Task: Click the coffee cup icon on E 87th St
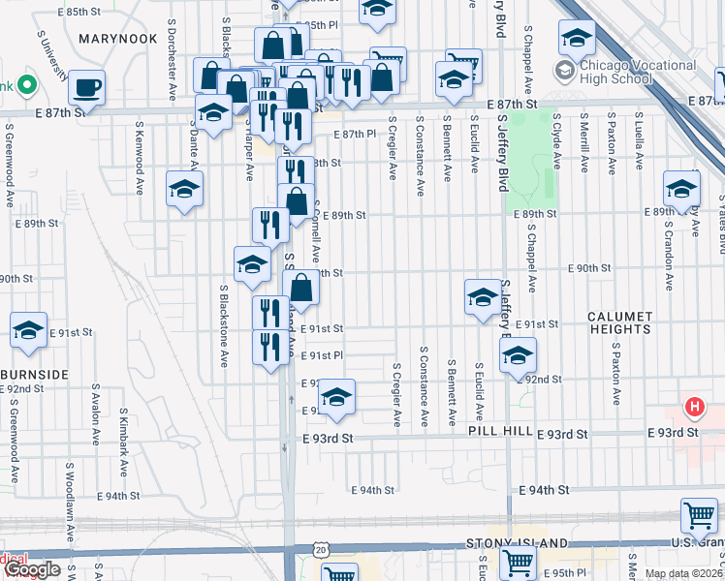(x=86, y=88)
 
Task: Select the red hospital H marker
(x=694, y=407)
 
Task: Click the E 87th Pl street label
(x=354, y=135)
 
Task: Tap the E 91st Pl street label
(x=322, y=356)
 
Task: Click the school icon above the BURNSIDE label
(x=29, y=330)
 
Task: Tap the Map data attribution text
(x=683, y=573)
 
